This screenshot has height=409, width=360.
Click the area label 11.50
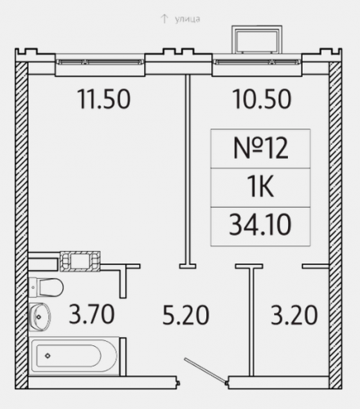point(104,99)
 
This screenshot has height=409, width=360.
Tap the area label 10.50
point(262,99)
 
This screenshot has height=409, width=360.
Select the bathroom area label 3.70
point(92,314)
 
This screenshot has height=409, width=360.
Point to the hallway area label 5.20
point(186,315)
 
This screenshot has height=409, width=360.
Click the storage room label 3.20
point(294,315)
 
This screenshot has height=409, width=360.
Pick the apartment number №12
point(261,149)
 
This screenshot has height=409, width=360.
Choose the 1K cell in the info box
point(260,187)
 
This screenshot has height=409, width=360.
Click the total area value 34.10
point(260,224)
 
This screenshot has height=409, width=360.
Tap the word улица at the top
point(187,19)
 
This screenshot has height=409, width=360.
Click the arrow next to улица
point(164,19)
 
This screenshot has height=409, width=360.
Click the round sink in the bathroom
point(40,317)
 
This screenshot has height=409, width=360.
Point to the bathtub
point(74,356)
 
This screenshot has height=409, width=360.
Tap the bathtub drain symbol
point(47,356)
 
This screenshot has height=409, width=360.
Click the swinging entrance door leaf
point(205,371)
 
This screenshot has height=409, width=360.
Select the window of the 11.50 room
point(100,62)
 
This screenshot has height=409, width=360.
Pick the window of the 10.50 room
point(257,62)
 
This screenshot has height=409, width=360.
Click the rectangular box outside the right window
point(257,39)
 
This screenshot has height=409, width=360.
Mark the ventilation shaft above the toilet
point(80,261)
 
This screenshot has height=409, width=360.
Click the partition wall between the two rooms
point(187,171)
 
